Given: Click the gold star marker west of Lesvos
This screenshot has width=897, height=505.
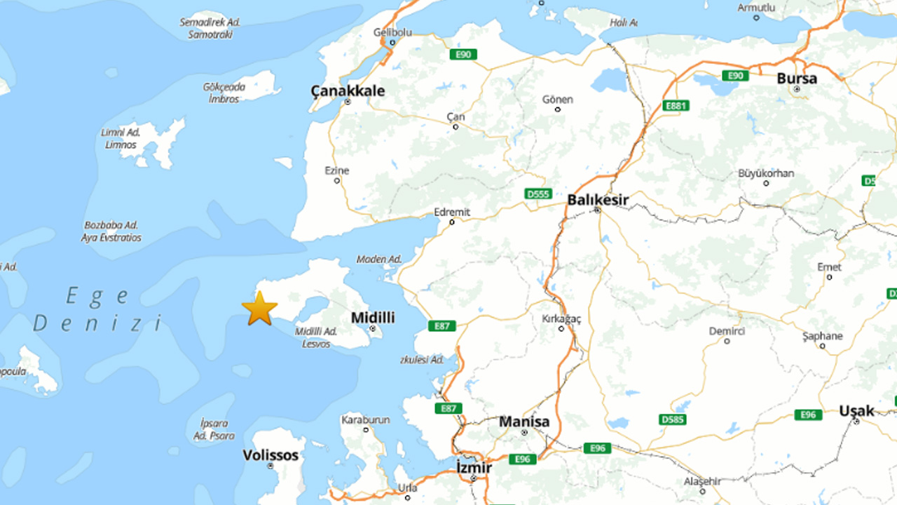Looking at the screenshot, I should coord(259,309).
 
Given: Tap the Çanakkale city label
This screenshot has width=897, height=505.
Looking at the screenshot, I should coord(348,90).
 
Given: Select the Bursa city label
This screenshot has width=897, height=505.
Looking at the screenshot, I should coord(797,79).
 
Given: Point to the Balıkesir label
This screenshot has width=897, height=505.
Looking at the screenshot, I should coord(598,200).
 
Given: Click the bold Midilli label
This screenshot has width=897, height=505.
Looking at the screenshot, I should coord(373,318).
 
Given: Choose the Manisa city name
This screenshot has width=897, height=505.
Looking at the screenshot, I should coord(524,422).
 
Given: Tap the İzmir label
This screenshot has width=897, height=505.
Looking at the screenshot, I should coord(474,467).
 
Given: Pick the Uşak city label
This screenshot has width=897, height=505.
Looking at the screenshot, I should coord(856,411).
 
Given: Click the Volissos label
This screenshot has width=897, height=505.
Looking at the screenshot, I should coord(271,455).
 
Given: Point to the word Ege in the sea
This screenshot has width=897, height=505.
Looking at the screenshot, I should coord(97,297).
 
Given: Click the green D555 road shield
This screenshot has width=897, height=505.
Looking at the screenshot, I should coord(538,194).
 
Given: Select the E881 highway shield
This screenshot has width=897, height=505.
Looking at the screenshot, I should coord(676,106).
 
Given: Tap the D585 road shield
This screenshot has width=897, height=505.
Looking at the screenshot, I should coord(673,419).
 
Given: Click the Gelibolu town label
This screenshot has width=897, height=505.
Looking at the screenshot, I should coord(392,32).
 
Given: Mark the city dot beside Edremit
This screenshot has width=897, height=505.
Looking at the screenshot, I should coord(452,222).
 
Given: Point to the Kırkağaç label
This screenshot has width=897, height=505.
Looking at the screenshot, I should coord(562,319).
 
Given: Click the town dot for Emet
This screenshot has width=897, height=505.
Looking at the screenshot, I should coord(829,277).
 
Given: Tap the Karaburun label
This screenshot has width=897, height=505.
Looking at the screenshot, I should coord(365,419).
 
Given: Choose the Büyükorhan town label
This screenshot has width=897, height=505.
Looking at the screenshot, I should coord(766,173).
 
